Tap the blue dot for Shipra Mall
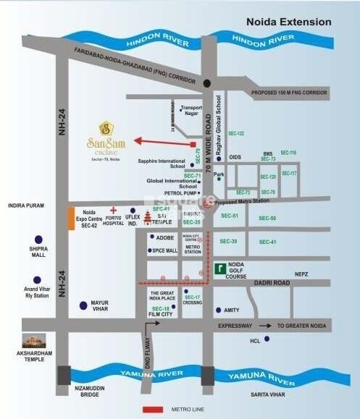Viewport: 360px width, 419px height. tap(38, 239)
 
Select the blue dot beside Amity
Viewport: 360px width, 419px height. tap(207, 310)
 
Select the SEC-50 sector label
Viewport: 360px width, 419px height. tap(267, 218)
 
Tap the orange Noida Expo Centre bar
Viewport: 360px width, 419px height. tap(71, 219)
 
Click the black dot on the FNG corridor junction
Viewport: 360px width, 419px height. tap(208, 82)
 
